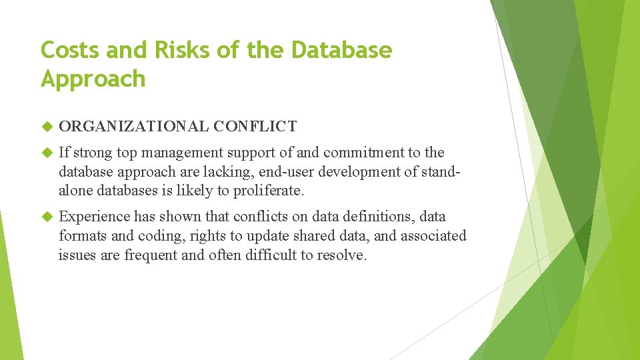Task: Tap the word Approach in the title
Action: click(93, 79)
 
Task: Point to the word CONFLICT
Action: click(256, 126)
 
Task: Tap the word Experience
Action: click(94, 217)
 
